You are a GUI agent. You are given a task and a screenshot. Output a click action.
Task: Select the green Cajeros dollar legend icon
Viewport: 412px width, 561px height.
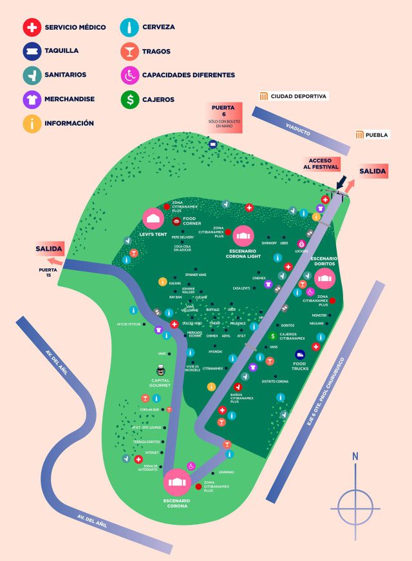tap(129, 99)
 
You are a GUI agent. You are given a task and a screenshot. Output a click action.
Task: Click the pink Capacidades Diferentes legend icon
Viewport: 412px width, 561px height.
tap(129, 75)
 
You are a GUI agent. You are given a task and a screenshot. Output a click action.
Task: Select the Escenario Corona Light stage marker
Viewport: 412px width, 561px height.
tap(243, 236)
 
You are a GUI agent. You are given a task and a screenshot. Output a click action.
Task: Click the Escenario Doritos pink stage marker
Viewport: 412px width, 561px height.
tap(325, 278)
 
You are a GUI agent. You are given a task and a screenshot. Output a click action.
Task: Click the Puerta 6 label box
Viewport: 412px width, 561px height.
tap(223, 117)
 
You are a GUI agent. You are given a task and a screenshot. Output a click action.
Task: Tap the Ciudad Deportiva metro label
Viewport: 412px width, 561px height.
tap(293, 96)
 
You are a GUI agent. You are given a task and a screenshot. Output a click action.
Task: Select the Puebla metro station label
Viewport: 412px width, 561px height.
tap(372, 135)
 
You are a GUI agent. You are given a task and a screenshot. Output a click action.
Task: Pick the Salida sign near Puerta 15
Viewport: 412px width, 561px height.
tap(49, 248)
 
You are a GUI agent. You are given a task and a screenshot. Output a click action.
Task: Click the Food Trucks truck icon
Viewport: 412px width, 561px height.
tap(300, 355)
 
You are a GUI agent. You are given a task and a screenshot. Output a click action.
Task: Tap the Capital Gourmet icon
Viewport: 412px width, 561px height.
tap(160, 371)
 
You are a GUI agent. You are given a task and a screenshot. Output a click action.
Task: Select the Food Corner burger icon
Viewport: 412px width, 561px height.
tap(176, 221)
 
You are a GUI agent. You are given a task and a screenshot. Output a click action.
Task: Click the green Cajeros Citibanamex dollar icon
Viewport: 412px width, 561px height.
tap(273, 336)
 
